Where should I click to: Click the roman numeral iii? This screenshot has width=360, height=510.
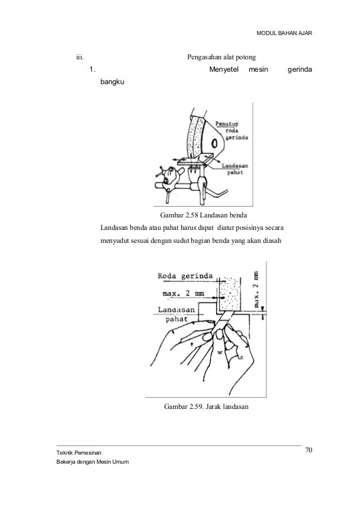(x=80, y=57)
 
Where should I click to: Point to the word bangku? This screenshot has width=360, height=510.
(x=113, y=82)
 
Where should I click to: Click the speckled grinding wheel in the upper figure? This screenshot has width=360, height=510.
(x=197, y=136)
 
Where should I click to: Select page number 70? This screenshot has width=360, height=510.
(x=309, y=450)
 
